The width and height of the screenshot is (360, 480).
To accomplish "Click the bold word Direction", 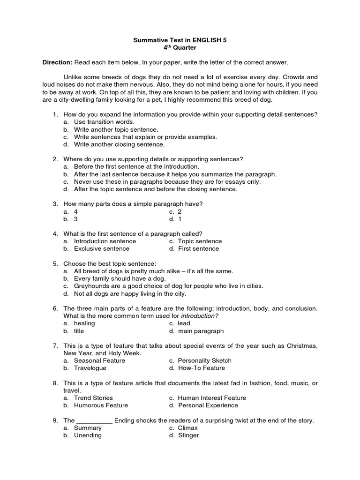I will [57, 62].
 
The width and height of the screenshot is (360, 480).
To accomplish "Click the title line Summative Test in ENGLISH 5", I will [180, 40].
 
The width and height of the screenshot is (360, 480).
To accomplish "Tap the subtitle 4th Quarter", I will [180, 48].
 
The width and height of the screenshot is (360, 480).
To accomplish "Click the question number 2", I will [55, 159].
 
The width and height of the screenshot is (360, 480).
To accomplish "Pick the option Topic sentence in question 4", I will [200, 241].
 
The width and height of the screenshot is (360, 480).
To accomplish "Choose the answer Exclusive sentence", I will [101, 249].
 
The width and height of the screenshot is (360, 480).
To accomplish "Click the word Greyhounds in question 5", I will [91, 286].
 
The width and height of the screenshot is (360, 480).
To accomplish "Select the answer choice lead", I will [184, 323].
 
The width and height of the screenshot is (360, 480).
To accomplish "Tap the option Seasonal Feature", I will [99, 361].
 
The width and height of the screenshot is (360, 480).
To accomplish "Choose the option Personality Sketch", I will [205, 361].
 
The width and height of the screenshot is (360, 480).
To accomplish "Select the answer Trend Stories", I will [93, 398].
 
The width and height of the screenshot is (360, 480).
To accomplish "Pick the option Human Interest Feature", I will [212, 398].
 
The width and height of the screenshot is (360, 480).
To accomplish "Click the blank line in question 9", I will [94, 421].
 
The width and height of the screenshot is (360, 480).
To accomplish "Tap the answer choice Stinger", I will [188, 435].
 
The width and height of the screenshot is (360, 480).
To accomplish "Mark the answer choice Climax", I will [188, 428].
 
